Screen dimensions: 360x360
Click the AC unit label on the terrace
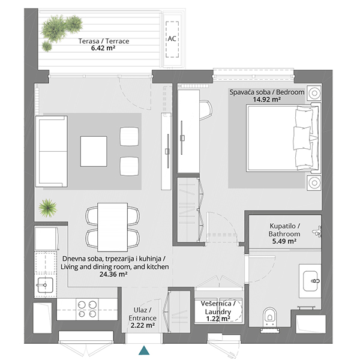pyautogui.click(x=172, y=38)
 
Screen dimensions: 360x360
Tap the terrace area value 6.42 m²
pyautogui.click(x=103, y=48)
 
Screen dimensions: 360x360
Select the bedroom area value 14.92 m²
pyautogui.click(x=267, y=100)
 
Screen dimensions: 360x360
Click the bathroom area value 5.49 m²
pyautogui.click(x=284, y=241)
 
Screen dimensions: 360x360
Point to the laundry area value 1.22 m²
pyautogui.click(x=218, y=319)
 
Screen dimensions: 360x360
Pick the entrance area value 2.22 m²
pyautogui.click(x=142, y=325)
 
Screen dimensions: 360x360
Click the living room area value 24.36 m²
pyautogui.click(x=113, y=274)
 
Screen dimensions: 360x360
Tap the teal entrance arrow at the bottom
pyautogui.click(x=144, y=350)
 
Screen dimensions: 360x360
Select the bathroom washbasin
pyautogui.click(x=310, y=281)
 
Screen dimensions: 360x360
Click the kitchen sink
pyautogui.click(x=45, y=285)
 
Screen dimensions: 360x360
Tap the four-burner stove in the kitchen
pyautogui.click(x=87, y=309)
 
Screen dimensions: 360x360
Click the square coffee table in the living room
pyautogui.click(x=94, y=151)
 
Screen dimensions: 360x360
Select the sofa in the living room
pyautogui.click(x=52, y=151)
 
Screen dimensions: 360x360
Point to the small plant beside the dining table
pyautogui.click(x=47, y=208)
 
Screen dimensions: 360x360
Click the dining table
pyautogui.click(x=113, y=227)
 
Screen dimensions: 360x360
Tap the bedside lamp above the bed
pyautogui.click(x=314, y=93)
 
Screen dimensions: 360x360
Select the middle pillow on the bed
pyautogui.click(x=302, y=138)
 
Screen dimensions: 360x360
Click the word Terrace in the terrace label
pyautogui.click(x=118, y=41)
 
